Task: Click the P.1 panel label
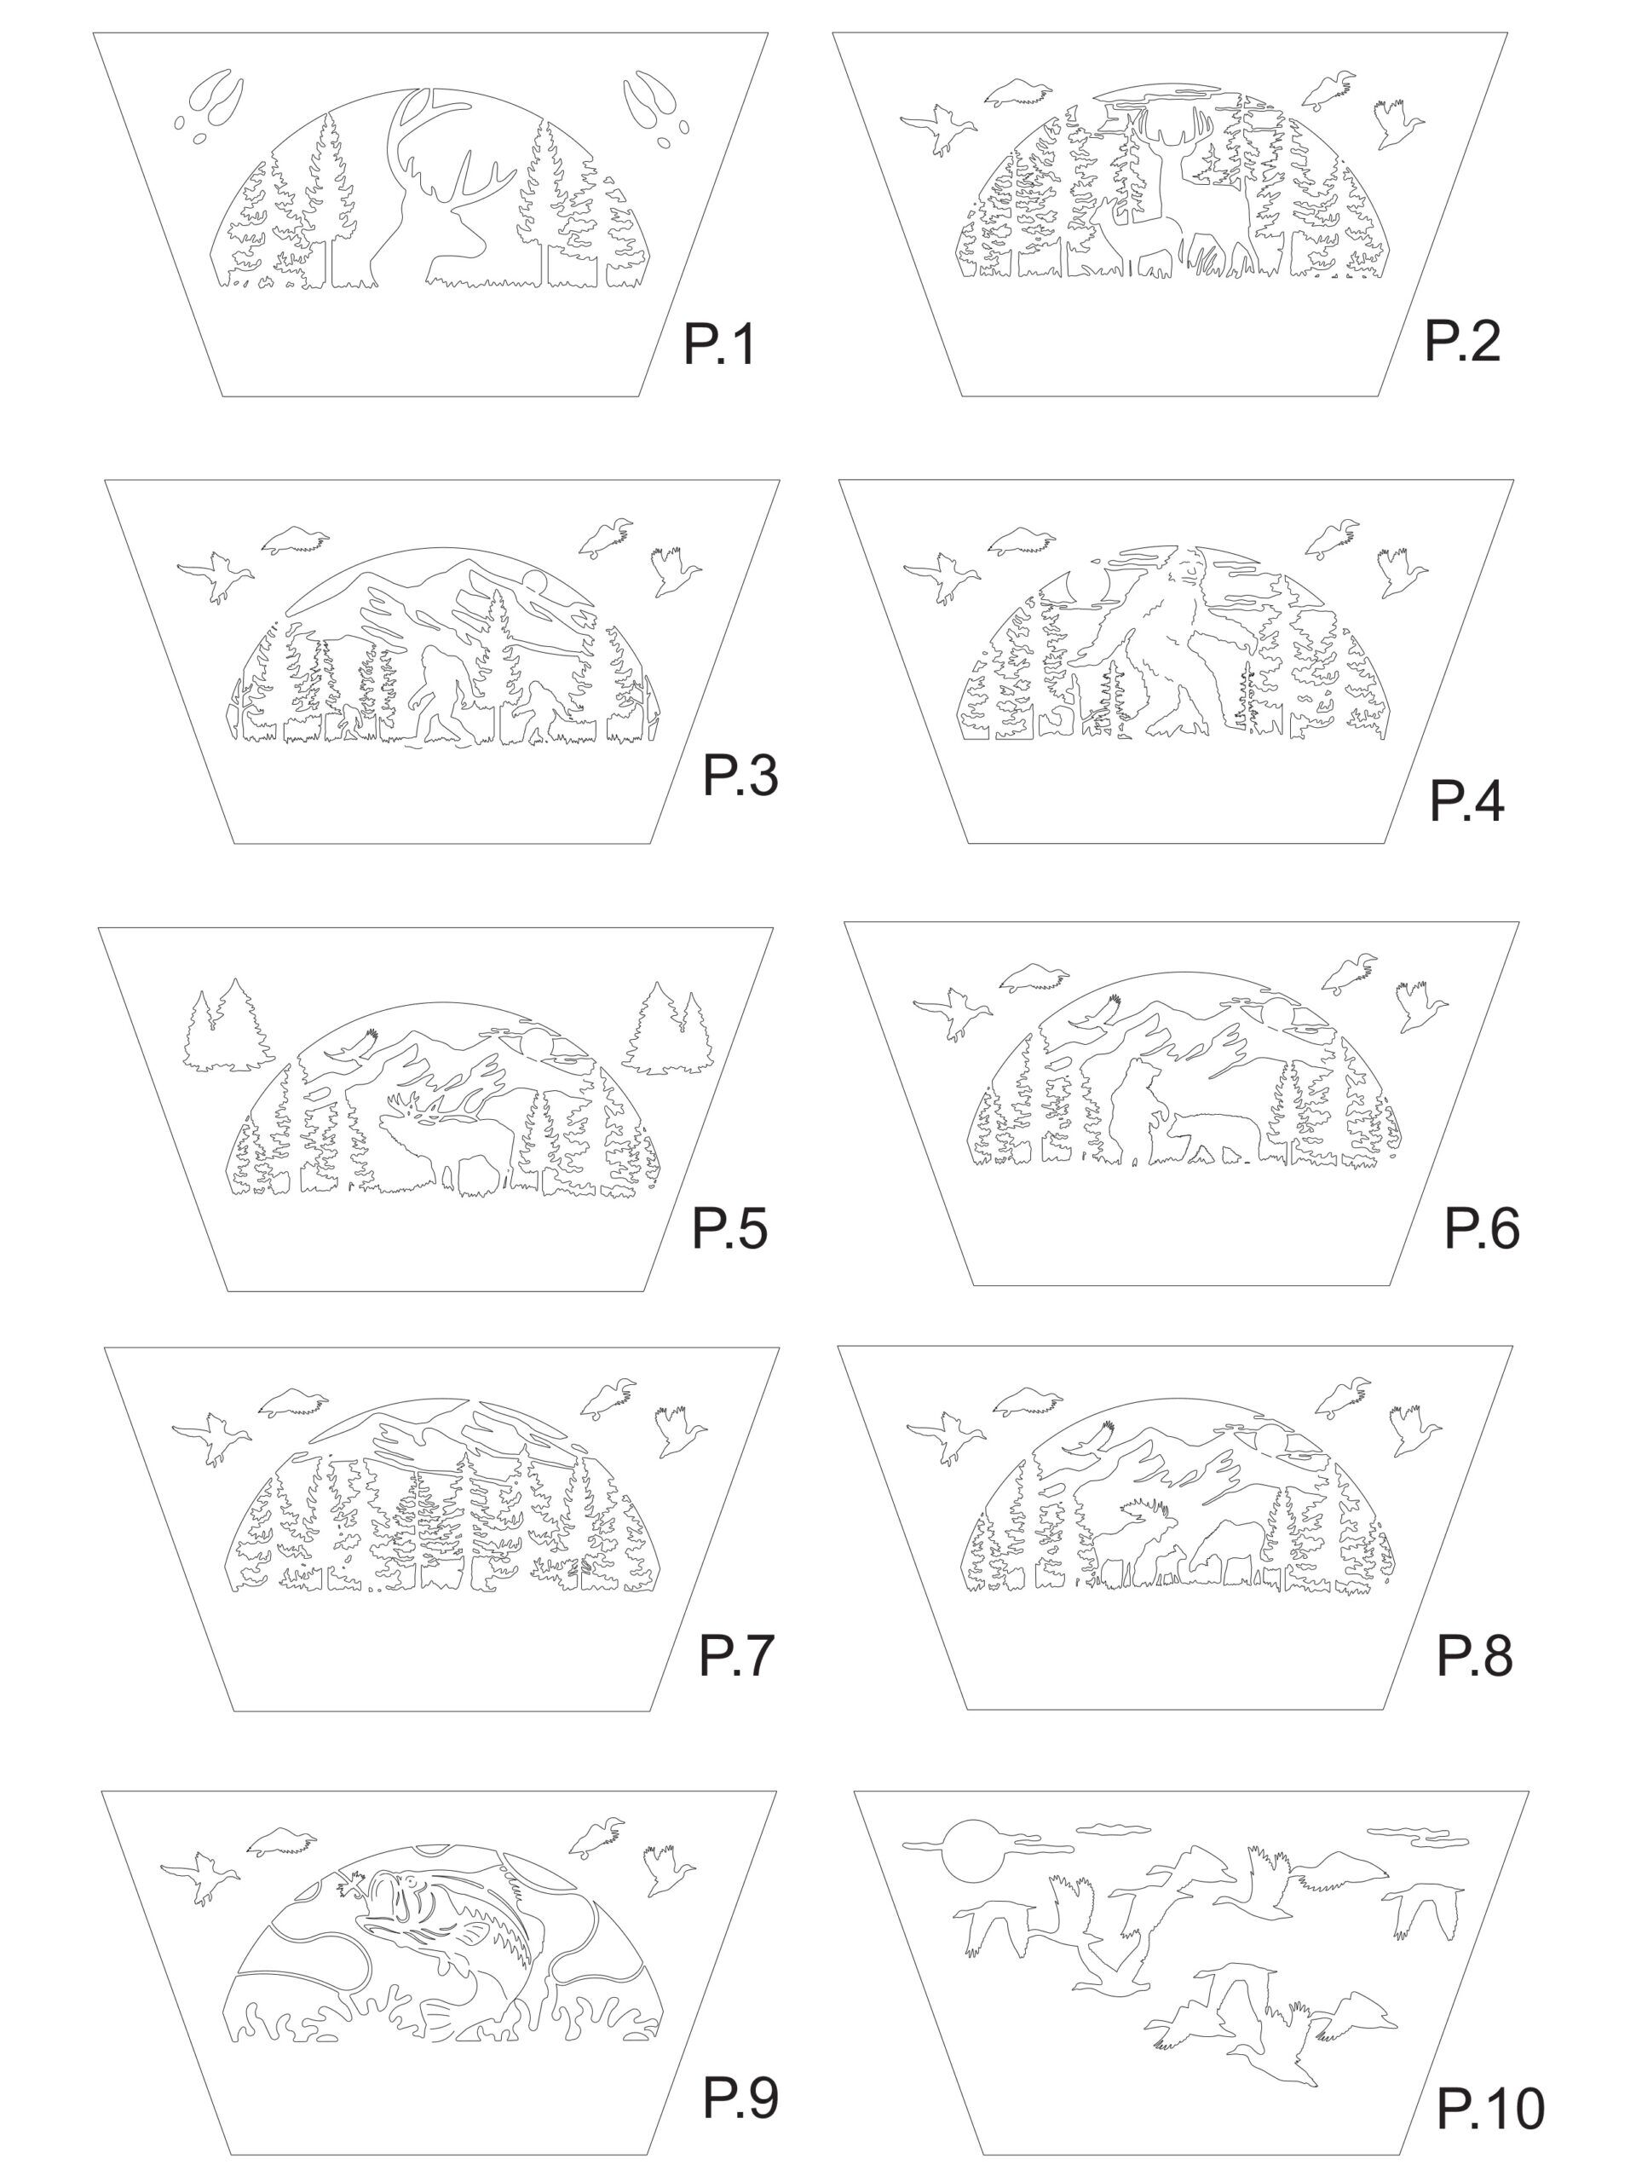click(719, 345)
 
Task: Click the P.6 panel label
click(1481, 1228)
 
